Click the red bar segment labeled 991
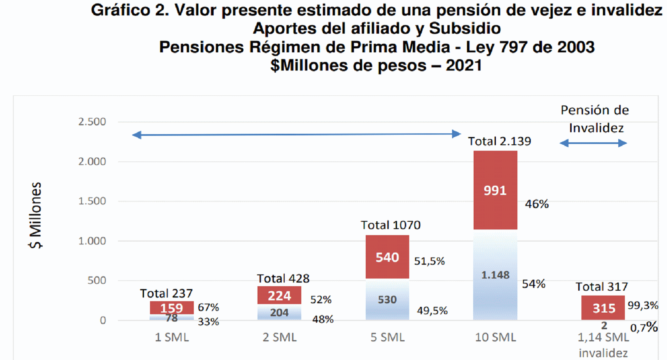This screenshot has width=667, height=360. click(495, 190)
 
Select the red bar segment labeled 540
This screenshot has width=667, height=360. click(387, 257)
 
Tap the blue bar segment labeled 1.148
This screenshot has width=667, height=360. click(495, 274)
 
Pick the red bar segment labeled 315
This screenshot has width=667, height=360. click(603, 308)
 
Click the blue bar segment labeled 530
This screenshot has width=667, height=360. click(387, 299)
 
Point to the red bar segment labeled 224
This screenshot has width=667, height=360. click(279, 295)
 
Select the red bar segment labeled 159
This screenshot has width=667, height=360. click(172, 308)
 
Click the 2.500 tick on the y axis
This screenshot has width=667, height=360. click(92, 122)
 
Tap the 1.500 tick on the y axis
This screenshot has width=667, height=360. click(92, 201)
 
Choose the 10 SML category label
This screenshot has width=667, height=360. click(495, 337)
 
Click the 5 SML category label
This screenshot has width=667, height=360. click(387, 337)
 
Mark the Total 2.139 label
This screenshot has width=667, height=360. click(500, 141)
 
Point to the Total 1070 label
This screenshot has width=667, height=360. click(391, 225)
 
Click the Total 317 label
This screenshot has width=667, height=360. click(602, 287)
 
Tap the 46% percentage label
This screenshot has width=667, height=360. click(536, 204)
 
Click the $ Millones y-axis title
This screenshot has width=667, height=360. click(35, 215)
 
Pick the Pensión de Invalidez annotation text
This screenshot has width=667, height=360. click(595, 119)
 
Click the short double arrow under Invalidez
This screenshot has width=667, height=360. click(594, 143)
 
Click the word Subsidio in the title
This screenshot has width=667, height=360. click(465, 29)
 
